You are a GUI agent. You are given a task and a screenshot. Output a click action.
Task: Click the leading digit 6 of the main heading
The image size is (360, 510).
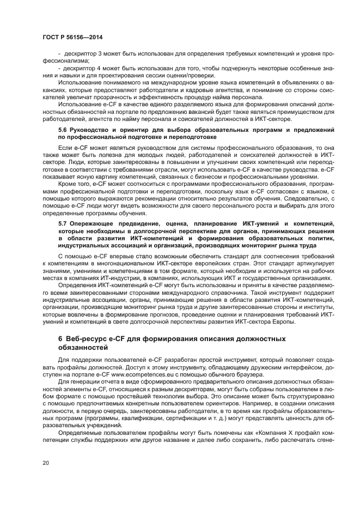coord(60,339)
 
